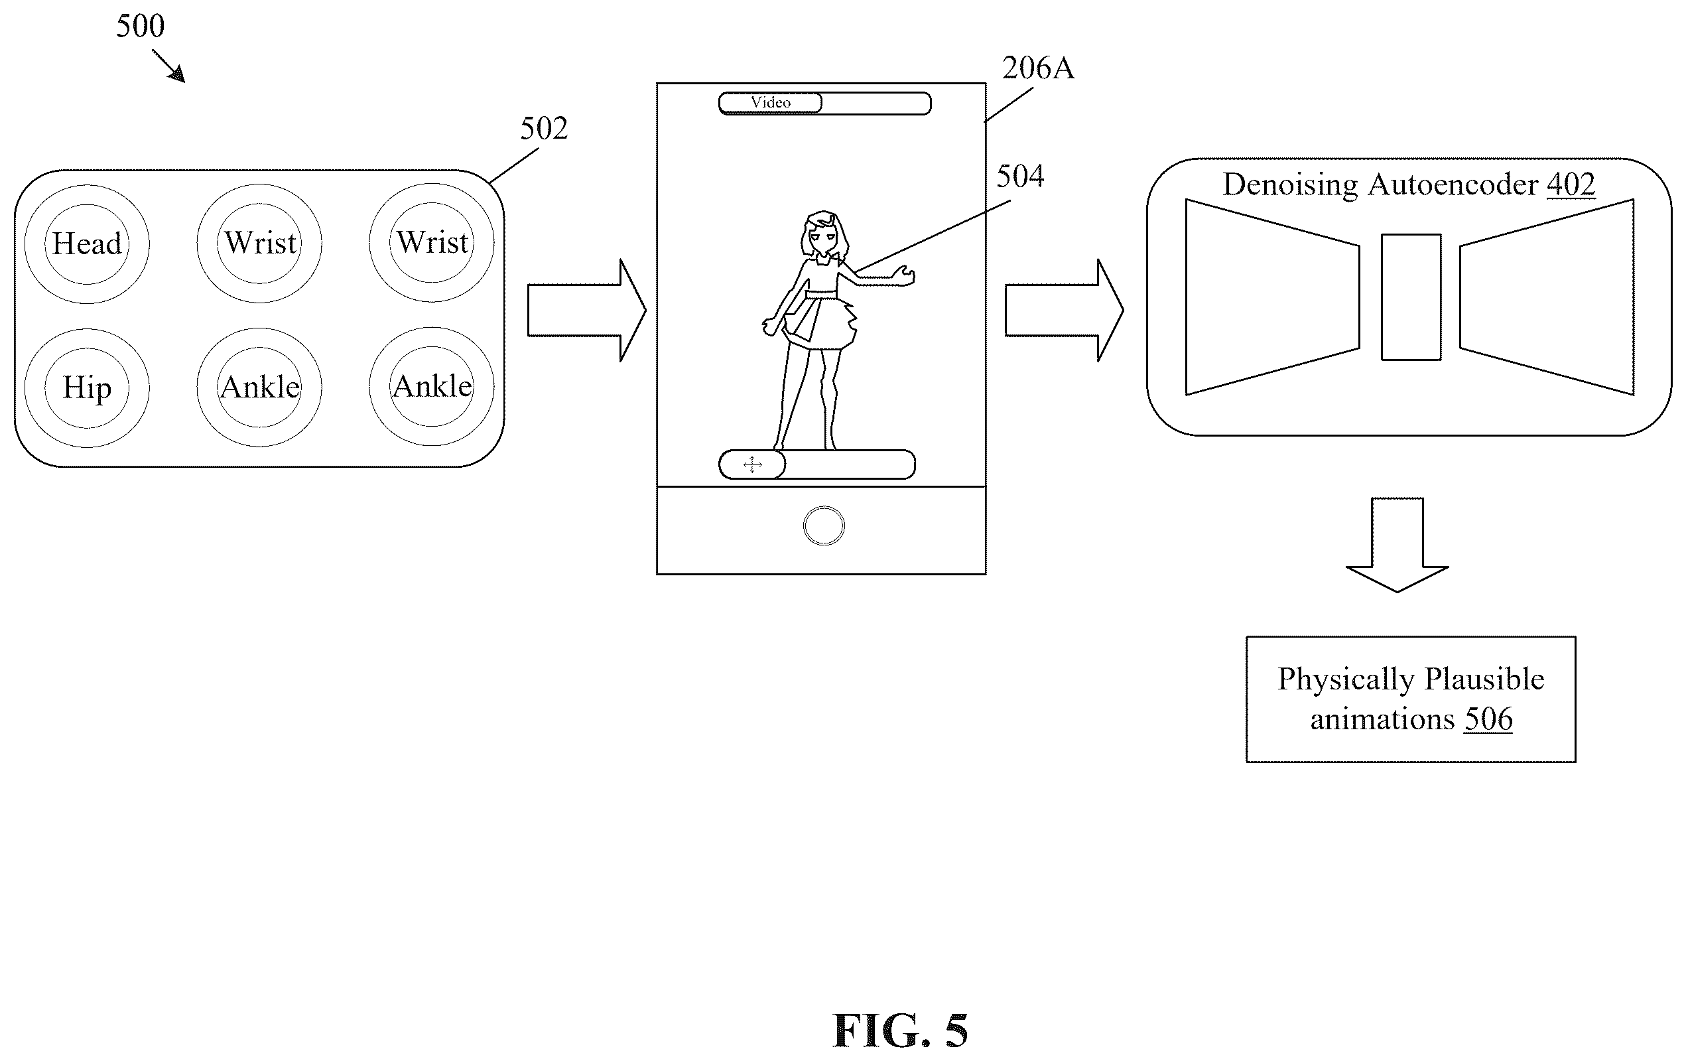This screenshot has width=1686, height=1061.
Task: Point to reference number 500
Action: tap(140, 26)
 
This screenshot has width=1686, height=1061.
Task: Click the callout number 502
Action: tap(544, 128)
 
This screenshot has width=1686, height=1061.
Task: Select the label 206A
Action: tap(1037, 68)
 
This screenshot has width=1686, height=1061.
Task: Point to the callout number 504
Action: tap(1020, 176)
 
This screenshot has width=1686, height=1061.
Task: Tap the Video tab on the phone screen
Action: tap(770, 103)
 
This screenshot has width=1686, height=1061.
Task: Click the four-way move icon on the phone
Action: tap(753, 464)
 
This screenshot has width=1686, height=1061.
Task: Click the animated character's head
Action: tap(825, 233)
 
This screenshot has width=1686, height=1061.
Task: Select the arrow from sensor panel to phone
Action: tap(587, 311)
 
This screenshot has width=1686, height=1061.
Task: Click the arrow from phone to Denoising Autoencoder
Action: tap(1065, 311)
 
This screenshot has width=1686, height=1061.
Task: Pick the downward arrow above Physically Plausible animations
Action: tap(1397, 545)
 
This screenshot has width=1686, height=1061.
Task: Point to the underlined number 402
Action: tap(1571, 185)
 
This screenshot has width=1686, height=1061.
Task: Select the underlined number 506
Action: tap(1488, 719)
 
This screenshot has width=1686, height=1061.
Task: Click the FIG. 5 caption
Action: tap(901, 1030)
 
